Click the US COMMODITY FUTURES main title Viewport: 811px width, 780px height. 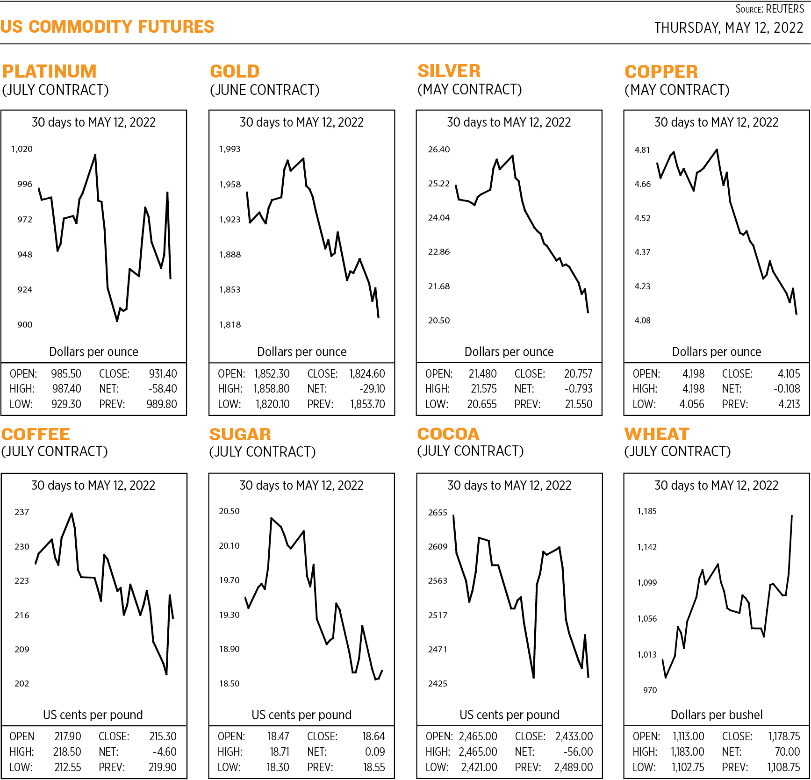point(107,27)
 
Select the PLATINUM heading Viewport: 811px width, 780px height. point(50,72)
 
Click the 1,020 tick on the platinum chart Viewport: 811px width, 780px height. point(22,149)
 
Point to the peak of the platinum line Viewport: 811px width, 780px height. point(95,155)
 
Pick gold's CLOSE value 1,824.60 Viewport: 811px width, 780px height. point(367,374)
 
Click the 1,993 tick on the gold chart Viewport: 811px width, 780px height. point(230,149)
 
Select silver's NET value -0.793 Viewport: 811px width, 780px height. point(578,389)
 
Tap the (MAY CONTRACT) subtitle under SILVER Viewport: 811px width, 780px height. point(469,89)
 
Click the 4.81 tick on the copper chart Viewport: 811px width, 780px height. point(642,150)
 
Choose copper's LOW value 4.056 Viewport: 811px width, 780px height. point(691,404)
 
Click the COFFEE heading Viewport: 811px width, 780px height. point(36,435)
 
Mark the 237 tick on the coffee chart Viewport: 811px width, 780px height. point(22,512)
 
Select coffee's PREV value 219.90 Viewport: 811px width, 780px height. point(162,767)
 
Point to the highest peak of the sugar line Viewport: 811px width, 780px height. point(271,518)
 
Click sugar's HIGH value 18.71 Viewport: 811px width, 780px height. point(279,752)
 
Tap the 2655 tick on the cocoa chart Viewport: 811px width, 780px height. point(438,513)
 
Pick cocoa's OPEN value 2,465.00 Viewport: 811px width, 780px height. point(478,737)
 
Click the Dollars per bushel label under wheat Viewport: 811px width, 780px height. point(716,715)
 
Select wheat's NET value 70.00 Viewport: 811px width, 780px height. point(787,752)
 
